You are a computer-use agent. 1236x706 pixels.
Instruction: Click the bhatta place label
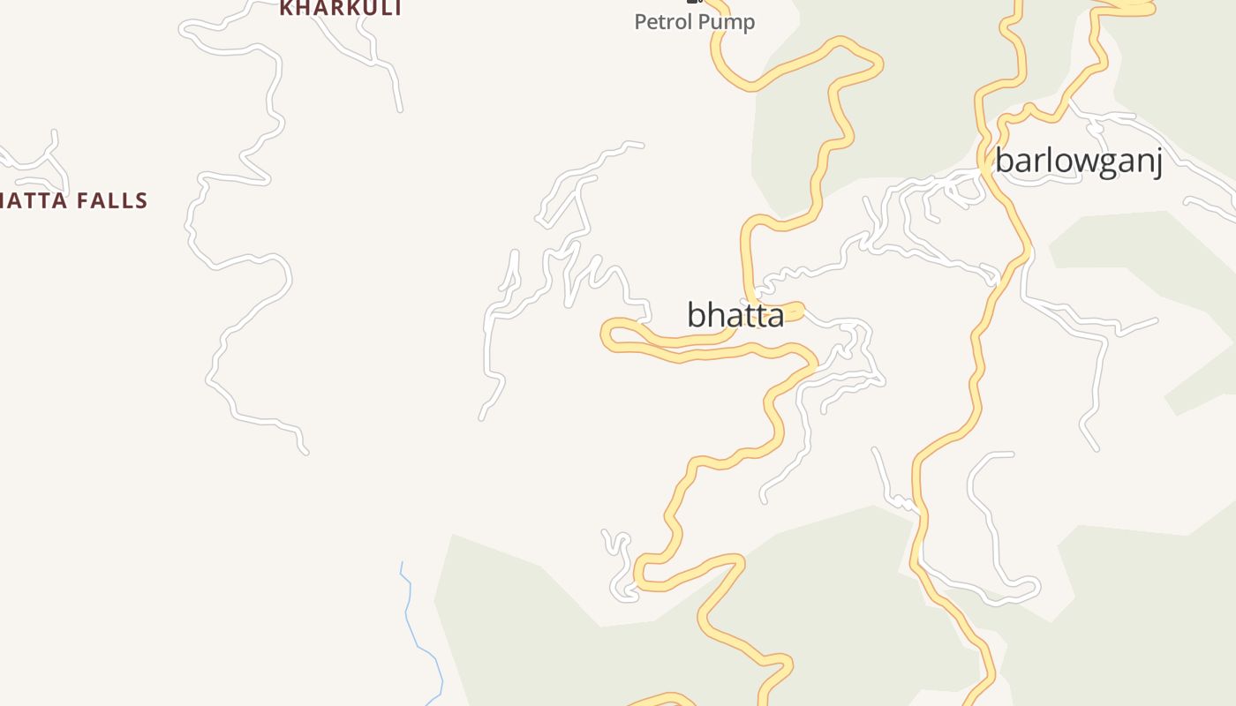pyautogui.click(x=735, y=315)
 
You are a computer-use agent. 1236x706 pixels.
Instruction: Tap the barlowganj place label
pyautogui.click(x=1078, y=161)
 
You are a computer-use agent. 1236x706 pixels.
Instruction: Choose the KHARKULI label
pyautogui.click(x=341, y=9)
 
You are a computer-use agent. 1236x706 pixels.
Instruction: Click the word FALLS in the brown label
pyautogui.click(x=112, y=201)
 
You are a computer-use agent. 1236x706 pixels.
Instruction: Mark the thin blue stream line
pyautogui.click(x=415, y=627)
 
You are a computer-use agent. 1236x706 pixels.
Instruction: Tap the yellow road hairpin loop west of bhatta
pyautogui.click(x=609, y=334)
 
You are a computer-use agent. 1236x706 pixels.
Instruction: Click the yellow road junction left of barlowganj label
pyautogui.click(x=984, y=164)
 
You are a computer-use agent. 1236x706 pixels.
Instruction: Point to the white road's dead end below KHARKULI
pyautogui.click(x=400, y=109)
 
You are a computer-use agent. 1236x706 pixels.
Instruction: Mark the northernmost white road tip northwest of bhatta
pyautogui.click(x=640, y=144)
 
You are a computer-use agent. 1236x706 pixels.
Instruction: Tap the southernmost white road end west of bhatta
pyautogui.click(x=482, y=417)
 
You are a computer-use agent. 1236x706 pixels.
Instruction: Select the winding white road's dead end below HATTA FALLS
pyautogui.click(x=305, y=452)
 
